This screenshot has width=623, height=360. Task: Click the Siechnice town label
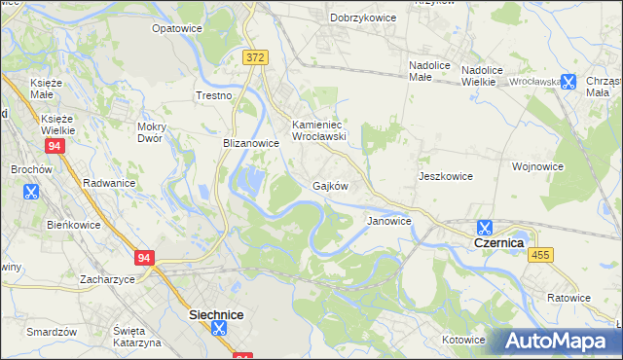[215, 315]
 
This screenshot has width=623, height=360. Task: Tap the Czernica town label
[498, 241]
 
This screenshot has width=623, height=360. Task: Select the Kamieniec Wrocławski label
[320, 130]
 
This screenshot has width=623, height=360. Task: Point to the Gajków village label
[330, 185]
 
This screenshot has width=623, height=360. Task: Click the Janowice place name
[388, 221]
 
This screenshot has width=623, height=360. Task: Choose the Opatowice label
[176, 28]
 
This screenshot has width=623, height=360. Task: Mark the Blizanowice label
[251, 142]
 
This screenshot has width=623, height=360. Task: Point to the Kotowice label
[462, 340]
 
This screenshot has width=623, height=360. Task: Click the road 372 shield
[255, 58]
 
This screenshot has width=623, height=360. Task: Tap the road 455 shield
[540, 255]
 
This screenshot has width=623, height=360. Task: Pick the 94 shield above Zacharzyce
[145, 258]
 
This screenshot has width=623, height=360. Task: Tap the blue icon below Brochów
[32, 192]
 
